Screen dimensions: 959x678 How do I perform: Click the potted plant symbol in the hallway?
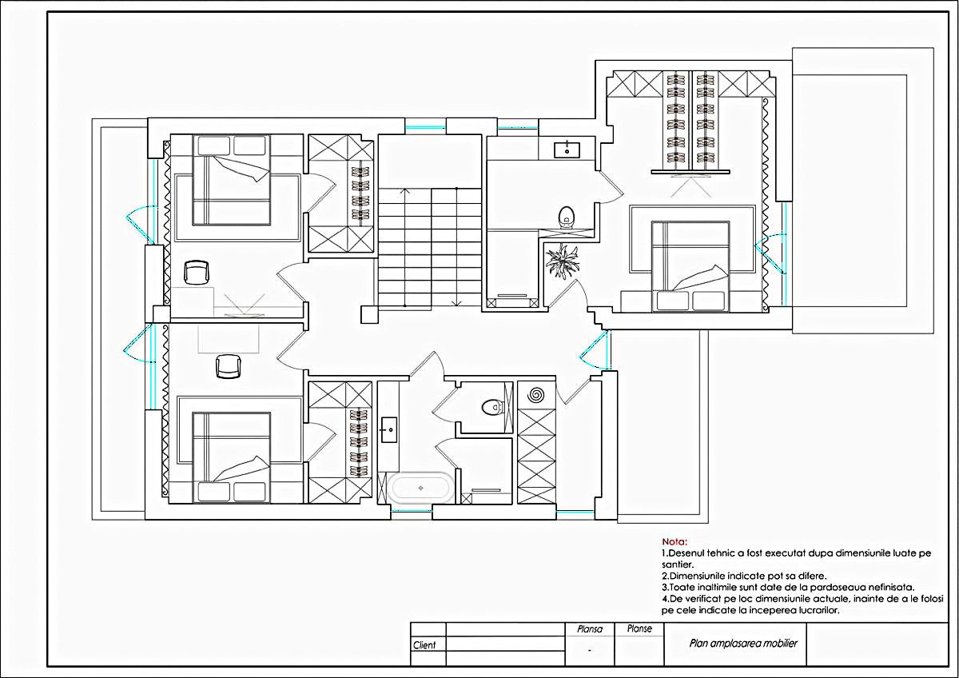click(x=562, y=261)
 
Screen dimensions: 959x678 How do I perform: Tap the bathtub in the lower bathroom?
click(x=420, y=488)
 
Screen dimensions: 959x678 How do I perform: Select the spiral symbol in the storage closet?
click(x=536, y=394)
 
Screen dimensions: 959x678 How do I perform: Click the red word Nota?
click(x=674, y=542)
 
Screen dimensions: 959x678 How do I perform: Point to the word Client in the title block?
click(x=424, y=645)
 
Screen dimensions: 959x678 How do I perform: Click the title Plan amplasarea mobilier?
click(x=743, y=644)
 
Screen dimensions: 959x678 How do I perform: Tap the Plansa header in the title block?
click(x=590, y=629)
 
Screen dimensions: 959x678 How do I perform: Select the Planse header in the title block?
click(x=639, y=628)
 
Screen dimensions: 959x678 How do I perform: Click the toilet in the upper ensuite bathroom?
click(x=567, y=217)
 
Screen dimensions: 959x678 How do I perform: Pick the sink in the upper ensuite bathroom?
click(x=567, y=150)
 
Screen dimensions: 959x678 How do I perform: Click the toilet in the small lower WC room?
click(x=492, y=407)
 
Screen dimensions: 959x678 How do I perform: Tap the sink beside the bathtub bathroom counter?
click(x=388, y=429)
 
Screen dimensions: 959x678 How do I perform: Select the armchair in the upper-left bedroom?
click(x=197, y=273)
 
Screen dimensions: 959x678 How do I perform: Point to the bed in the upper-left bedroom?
click(x=231, y=180)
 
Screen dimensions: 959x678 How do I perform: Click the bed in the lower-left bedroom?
click(x=231, y=457)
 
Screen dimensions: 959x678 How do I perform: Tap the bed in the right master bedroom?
click(x=690, y=266)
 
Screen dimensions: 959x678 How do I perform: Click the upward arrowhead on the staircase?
click(x=404, y=190)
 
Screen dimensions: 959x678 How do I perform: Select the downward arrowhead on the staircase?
click(x=456, y=303)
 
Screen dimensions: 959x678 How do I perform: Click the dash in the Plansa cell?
click(x=590, y=651)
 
